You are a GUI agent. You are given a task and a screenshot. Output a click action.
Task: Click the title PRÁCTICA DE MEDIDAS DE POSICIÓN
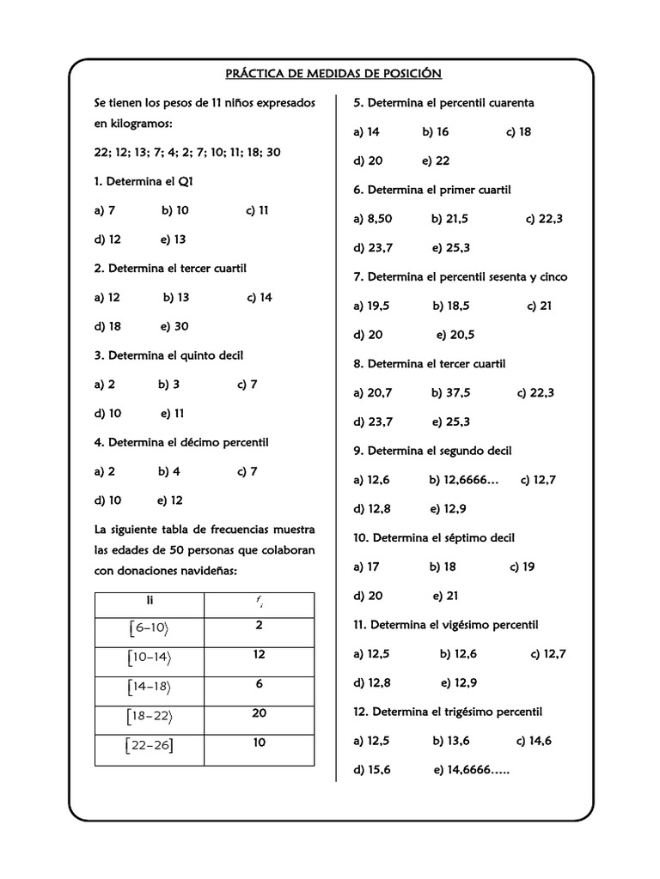point(333,74)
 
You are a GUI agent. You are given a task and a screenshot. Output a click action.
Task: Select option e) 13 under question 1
point(173,239)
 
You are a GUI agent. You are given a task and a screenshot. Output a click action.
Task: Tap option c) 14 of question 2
point(259,297)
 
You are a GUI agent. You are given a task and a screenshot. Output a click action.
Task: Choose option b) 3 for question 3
point(168,385)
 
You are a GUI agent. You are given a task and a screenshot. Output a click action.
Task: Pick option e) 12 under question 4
point(170,500)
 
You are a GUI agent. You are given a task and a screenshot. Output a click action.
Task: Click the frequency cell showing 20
point(260,713)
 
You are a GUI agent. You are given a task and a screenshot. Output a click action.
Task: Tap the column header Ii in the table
point(150,601)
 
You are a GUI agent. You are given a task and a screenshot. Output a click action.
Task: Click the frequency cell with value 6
point(260,684)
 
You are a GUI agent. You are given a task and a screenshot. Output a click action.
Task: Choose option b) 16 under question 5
point(435,132)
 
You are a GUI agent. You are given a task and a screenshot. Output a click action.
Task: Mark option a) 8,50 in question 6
point(372,219)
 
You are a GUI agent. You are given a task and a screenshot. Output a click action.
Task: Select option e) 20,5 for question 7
point(455,335)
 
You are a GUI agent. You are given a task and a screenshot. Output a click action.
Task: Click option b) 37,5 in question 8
point(450,393)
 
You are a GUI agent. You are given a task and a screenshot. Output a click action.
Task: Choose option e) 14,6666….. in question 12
point(472,770)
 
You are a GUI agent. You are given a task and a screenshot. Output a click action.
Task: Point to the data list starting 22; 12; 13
point(187,153)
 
